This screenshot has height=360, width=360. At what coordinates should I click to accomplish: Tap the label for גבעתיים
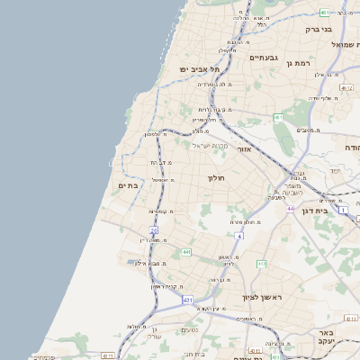(x=265, y=58)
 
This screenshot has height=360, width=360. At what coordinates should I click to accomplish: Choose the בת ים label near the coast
(x=130, y=184)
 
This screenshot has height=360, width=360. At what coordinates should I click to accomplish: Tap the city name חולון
(x=219, y=178)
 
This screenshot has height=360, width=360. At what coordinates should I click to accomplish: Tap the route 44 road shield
(x=291, y=208)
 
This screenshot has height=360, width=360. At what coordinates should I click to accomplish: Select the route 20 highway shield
(x=154, y=230)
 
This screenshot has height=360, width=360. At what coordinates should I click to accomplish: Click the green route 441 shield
(x=186, y=253)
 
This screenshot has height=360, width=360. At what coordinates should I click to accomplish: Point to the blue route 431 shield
(x=187, y=299)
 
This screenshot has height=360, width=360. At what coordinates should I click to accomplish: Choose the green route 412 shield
(x=262, y=264)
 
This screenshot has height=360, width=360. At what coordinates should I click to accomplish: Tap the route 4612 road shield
(x=350, y=319)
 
